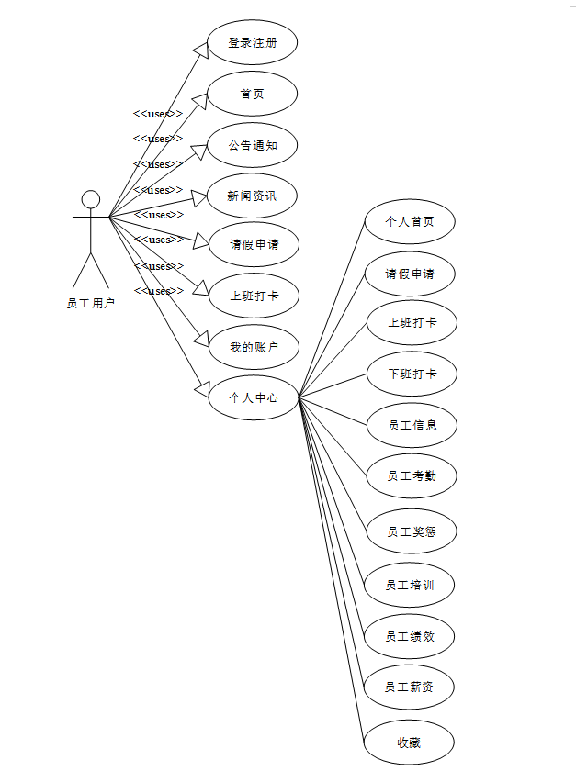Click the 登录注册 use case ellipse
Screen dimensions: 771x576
click(x=252, y=42)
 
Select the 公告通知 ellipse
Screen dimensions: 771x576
click(x=252, y=145)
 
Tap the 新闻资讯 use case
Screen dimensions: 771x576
click(x=252, y=196)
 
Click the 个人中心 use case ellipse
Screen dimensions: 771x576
click(x=254, y=398)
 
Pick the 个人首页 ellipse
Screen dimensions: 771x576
click(x=410, y=222)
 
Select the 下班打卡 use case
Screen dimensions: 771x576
click(x=410, y=374)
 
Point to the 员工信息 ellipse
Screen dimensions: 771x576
click(x=410, y=425)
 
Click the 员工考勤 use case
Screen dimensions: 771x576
click(x=410, y=475)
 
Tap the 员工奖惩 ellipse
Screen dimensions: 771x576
click(x=410, y=531)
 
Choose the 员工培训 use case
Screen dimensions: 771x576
click(x=410, y=585)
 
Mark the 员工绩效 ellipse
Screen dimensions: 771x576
click(x=410, y=636)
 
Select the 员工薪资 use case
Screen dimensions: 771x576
click(x=410, y=687)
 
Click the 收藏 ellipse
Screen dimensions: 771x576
click(x=410, y=743)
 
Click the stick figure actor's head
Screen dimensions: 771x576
click(x=90, y=199)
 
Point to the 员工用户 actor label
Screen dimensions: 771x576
click(x=91, y=303)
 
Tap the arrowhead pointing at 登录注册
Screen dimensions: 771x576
click(x=200, y=50)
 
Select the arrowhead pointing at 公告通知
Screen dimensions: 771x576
click(x=199, y=151)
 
